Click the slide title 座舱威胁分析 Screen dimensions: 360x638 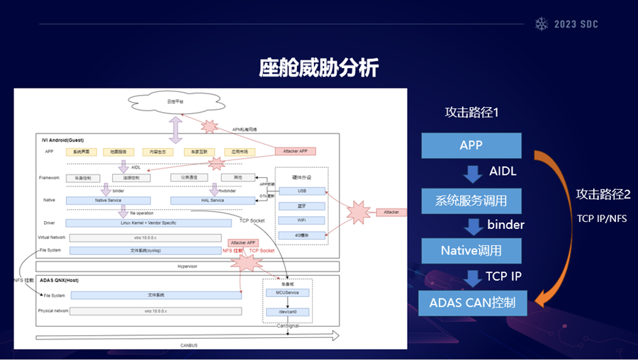pos(318,68)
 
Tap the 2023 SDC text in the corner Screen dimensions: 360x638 pos(575,24)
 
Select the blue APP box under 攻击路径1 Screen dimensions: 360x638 pos(471,145)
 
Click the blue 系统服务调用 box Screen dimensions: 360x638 pos(471,201)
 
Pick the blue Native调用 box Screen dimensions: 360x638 pos(471,250)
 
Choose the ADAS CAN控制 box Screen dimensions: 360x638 pos(471,304)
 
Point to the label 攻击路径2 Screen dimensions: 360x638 pos(603,194)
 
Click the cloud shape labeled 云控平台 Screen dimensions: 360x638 pos(175,103)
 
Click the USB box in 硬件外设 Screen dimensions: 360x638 pos(302,191)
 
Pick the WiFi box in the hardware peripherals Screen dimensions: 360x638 pos(302,220)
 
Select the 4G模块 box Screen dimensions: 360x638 pos(302,235)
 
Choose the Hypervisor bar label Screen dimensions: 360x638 pos(187,266)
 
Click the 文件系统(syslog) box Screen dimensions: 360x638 pos(155,250)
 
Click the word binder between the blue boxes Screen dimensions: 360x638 pos(505,225)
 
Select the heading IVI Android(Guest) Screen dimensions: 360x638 pos(64,140)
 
